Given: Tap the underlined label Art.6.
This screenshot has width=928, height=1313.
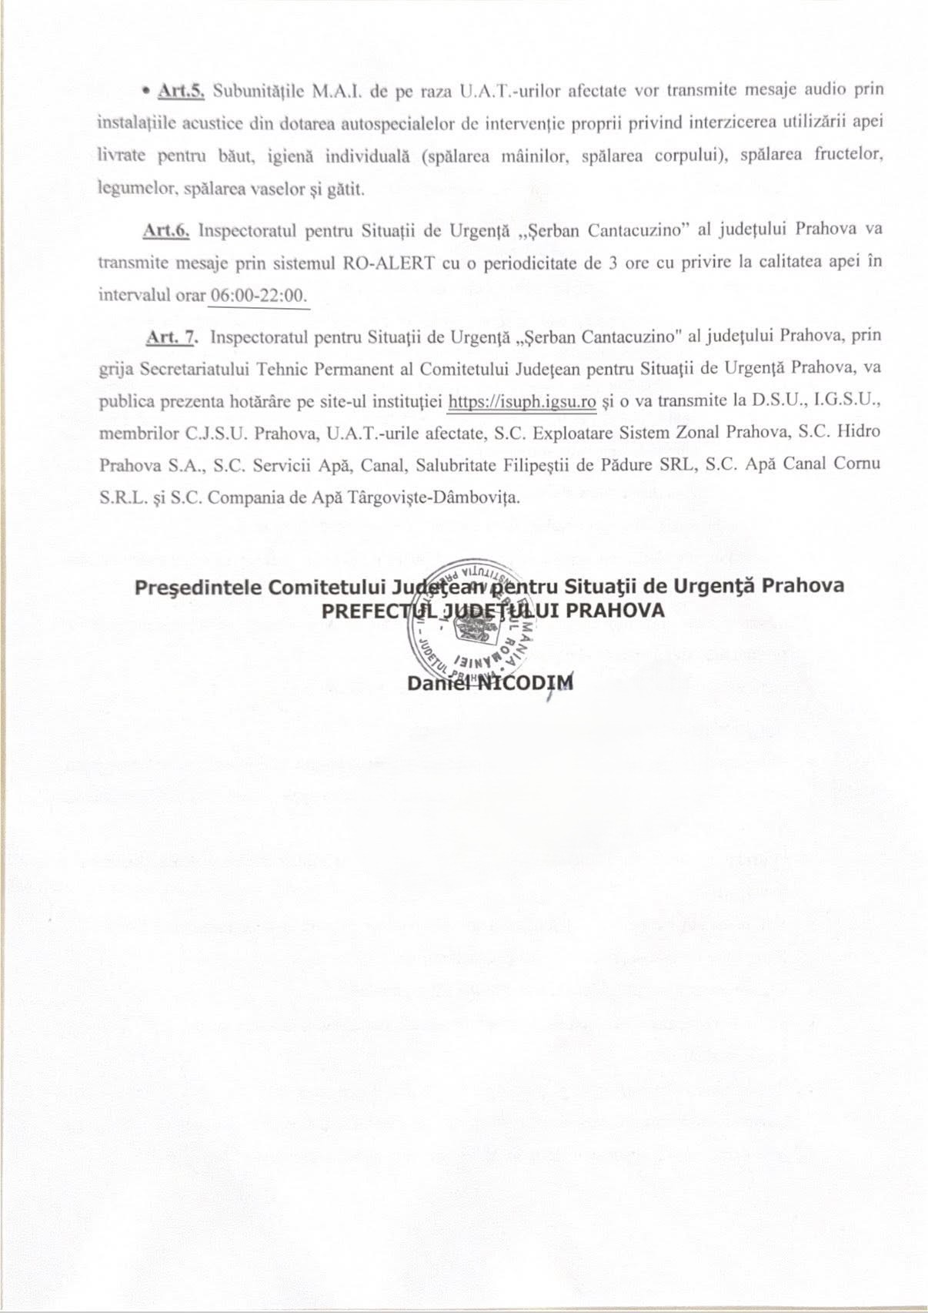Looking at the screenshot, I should point(166,229).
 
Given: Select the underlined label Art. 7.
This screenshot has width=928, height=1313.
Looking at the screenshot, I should point(172,337).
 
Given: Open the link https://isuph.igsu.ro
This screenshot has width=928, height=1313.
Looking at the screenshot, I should point(522,401).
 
